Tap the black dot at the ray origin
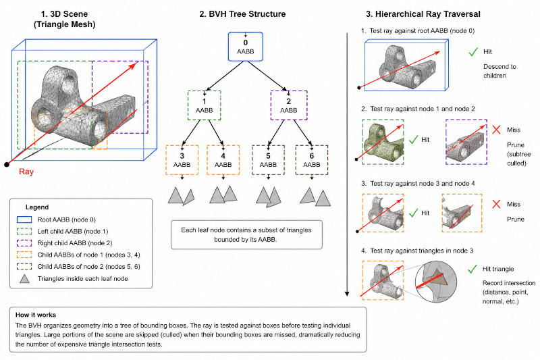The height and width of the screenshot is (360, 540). pos(7,163)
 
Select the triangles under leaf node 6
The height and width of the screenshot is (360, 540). pos(315,196)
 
